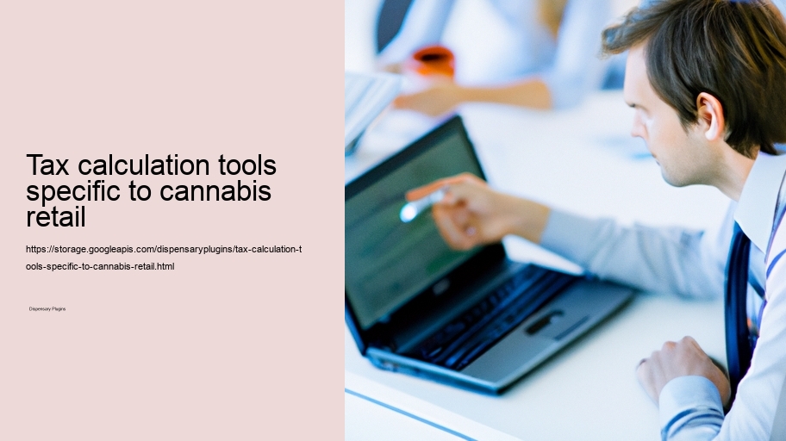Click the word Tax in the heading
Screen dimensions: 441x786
(47, 165)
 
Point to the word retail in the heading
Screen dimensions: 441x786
(56, 216)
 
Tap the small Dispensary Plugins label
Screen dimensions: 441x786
(47, 308)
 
